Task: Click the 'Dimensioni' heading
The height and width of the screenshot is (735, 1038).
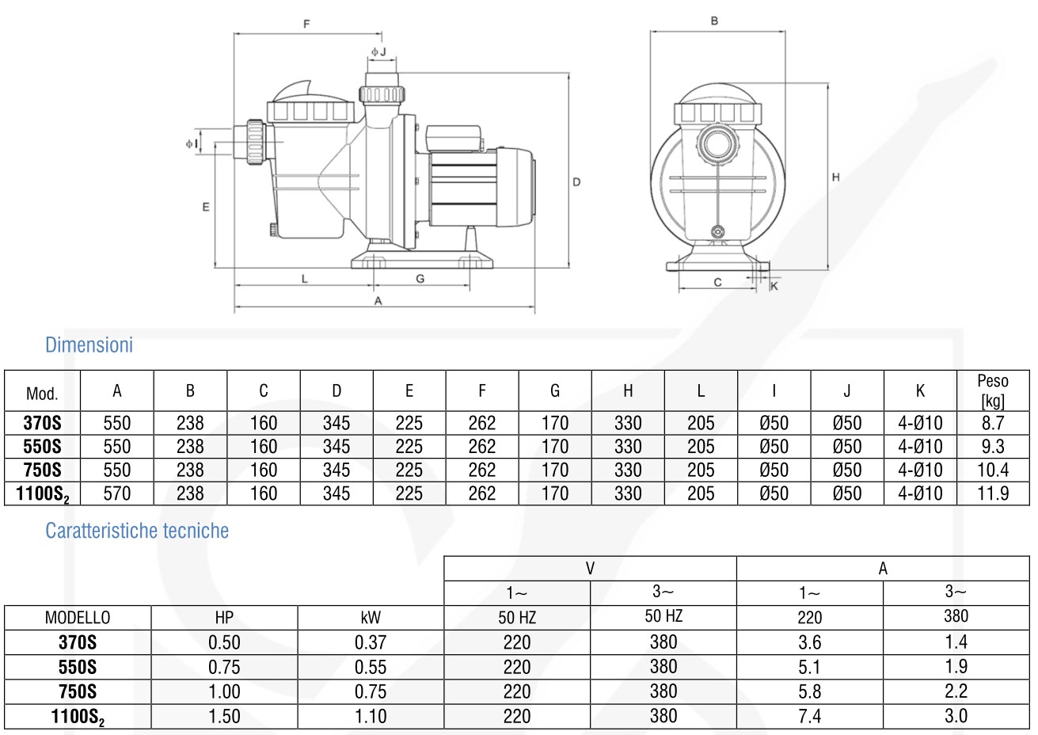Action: tap(89, 345)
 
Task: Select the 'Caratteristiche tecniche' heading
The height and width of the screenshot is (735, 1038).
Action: tap(136, 531)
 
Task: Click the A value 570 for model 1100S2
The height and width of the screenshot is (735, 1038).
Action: tap(117, 493)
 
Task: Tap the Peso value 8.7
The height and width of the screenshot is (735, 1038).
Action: tap(992, 423)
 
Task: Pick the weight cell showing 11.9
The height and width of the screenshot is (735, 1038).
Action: tap(992, 493)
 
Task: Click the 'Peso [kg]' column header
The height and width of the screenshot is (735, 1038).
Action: tap(992, 390)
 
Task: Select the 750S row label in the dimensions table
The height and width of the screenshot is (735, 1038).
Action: tap(42, 470)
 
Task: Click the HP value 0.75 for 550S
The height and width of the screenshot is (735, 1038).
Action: tap(224, 667)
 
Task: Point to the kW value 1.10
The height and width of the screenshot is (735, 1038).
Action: tap(371, 716)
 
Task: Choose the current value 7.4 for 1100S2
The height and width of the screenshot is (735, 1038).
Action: tap(809, 716)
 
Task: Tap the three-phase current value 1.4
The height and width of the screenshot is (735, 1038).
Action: tap(956, 642)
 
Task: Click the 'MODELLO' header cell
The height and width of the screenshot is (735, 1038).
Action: tap(78, 618)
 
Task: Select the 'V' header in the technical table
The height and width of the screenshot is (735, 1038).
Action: tap(590, 569)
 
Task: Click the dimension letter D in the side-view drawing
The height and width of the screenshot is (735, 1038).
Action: tap(576, 182)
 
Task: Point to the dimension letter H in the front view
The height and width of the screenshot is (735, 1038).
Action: tap(835, 178)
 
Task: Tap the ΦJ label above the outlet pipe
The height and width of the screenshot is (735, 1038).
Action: tap(378, 52)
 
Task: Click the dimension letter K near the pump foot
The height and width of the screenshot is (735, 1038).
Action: tap(774, 286)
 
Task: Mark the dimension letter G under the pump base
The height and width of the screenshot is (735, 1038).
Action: tap(420, 279)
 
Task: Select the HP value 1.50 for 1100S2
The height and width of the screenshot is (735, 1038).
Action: tap(224, 716)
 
